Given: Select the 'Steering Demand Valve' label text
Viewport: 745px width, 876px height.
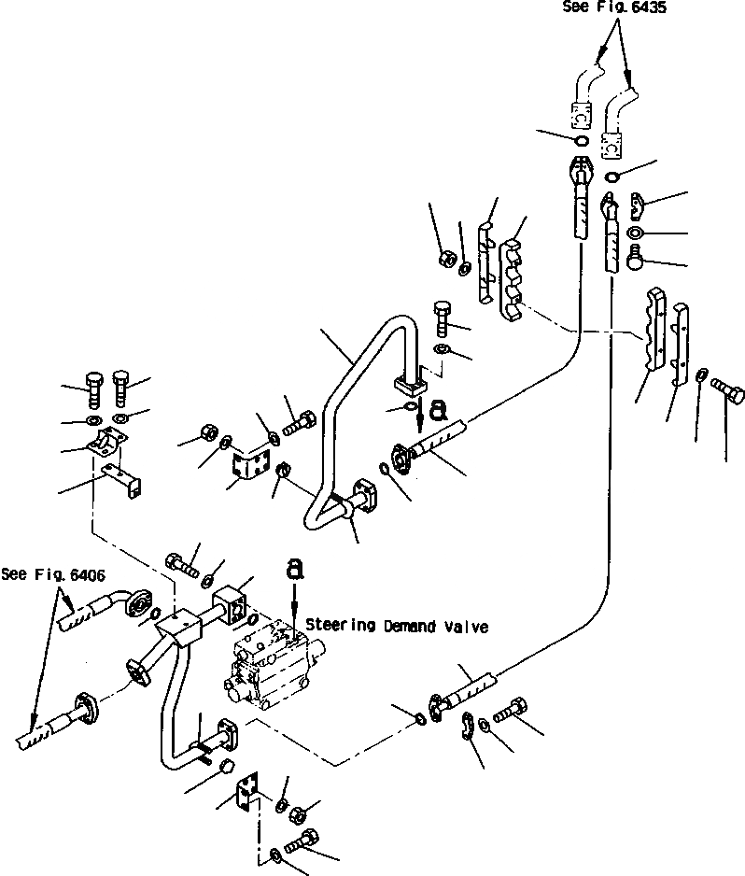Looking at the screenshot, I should point(397,627).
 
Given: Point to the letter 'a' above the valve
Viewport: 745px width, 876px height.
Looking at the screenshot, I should point(294,568).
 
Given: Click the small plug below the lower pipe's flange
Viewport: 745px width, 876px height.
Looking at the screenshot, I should point(224,768).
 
